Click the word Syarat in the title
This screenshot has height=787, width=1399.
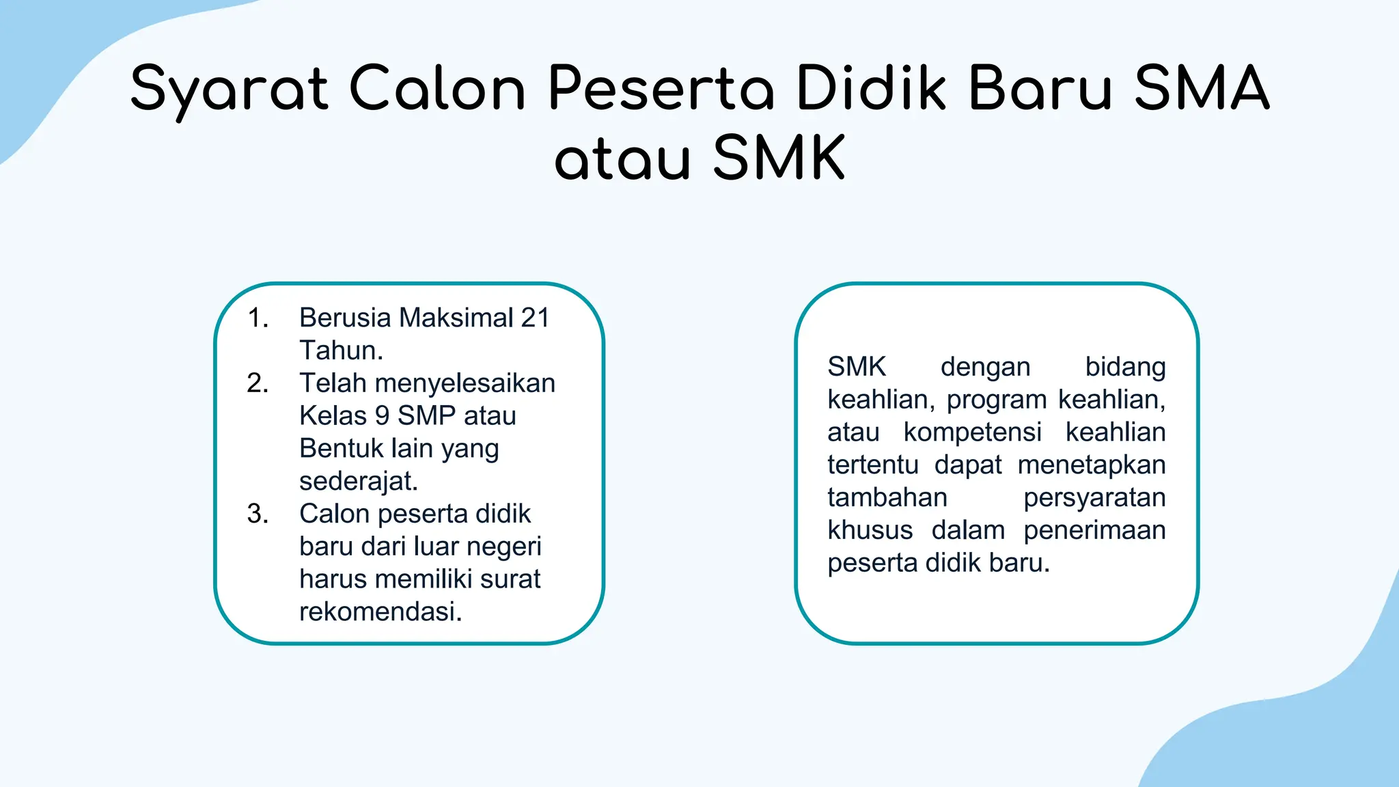[229, 89]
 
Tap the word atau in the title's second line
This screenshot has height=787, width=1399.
[622, 158]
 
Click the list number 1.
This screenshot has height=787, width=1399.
[258, 318]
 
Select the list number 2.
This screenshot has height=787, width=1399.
[258, 383]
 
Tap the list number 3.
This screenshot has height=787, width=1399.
[258, 514]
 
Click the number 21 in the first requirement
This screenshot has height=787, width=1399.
[535, 318]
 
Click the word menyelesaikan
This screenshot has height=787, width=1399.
[465, 383]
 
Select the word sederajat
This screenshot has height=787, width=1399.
[357, 481]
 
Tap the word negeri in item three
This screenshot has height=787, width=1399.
[505, 547]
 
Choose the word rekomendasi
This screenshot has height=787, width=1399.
[379, 611]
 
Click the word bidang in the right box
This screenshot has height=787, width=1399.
[1125, 367]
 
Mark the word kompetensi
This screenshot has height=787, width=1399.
[972, 432]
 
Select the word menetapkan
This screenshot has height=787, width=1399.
[1091, 465]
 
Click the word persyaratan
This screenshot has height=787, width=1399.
[1094, 497]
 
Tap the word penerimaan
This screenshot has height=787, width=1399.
[1094, 530]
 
